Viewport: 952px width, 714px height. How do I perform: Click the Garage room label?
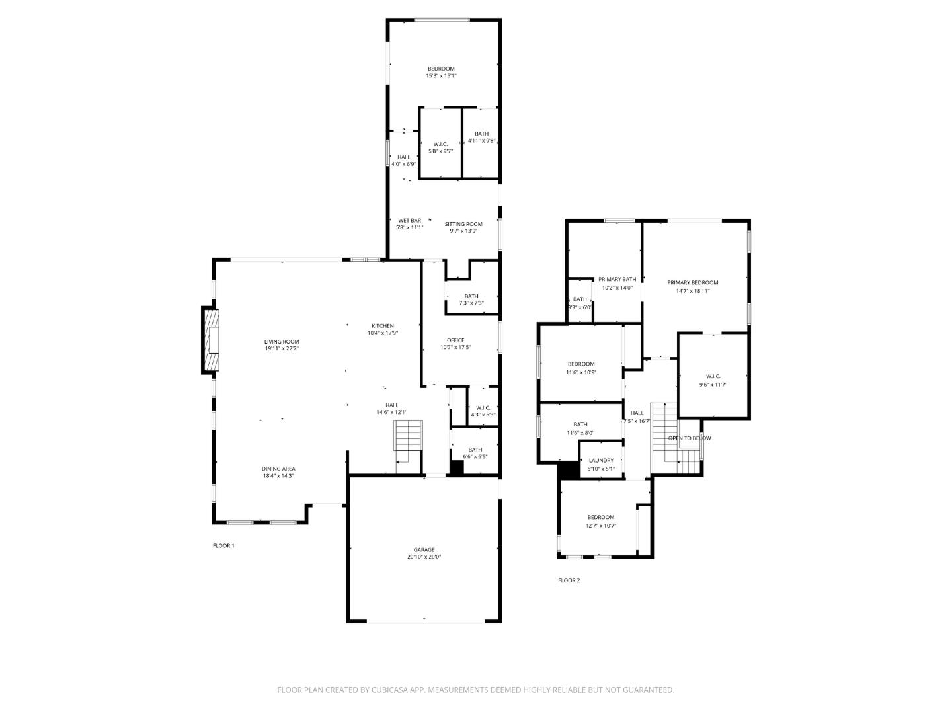point(424,549)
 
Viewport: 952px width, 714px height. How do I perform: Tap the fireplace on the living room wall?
point(212,340)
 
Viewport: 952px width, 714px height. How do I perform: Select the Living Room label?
point(282,342)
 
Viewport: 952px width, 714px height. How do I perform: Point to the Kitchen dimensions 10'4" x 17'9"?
point(383,333)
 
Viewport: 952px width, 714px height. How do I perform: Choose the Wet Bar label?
point(409,221)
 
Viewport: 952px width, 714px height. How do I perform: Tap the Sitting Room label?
point(463,224)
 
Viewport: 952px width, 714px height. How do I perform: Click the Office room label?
point(456,340)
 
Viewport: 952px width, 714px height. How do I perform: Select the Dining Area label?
point(278,468)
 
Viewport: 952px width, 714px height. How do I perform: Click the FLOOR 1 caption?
point(223,545)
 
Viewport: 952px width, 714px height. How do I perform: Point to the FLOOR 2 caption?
point(569,580)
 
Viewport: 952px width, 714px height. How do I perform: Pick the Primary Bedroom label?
point(692,282)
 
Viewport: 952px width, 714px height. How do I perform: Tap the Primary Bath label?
point(617,279)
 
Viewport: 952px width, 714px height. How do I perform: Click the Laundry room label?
point(601,460)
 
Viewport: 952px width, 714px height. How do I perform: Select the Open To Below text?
point(690,438)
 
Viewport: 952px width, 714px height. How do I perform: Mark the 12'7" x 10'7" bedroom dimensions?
point(600,526)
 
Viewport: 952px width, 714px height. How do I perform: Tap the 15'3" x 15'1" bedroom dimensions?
point(441,76)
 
